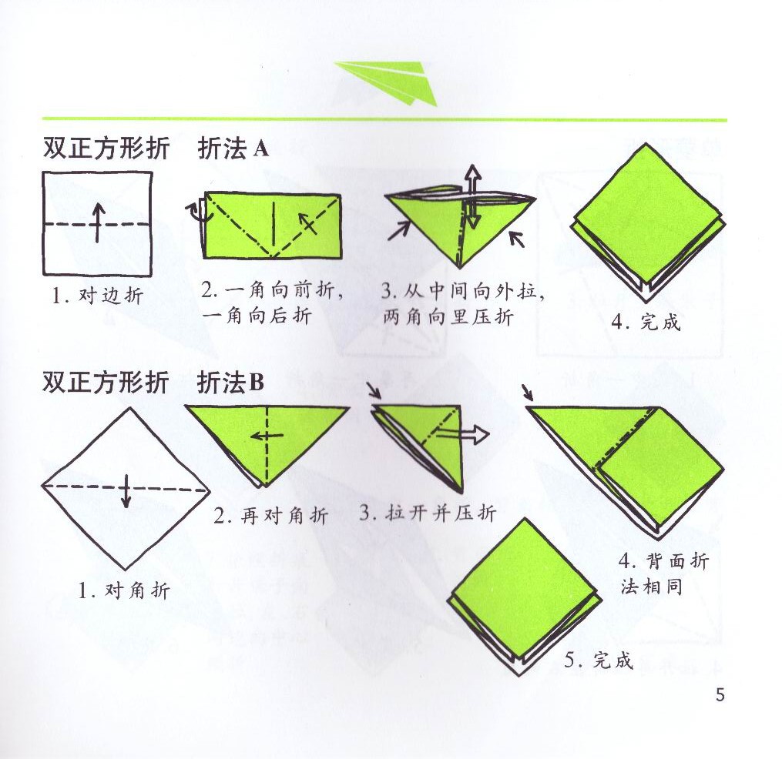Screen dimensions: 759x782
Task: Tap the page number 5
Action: (720, 695)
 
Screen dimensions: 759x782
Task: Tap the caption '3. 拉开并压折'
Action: (428, 513)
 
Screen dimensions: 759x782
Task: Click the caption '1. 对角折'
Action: (123, 591)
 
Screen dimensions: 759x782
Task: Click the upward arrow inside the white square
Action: (97, 222)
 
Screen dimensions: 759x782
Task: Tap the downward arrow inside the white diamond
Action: (126, 491)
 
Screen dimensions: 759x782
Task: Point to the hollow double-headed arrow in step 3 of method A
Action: (472, 198)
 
